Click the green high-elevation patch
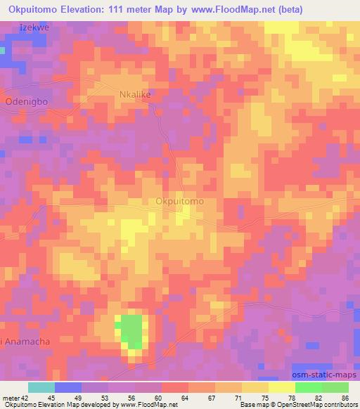pyautogui.click(x=131, y=331)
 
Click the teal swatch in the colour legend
pyautogui.click(x=41, y=387)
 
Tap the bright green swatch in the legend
pyautogui.click(x=309, y=387)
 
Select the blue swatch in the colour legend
pyautogui.click(x=68, y=387)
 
